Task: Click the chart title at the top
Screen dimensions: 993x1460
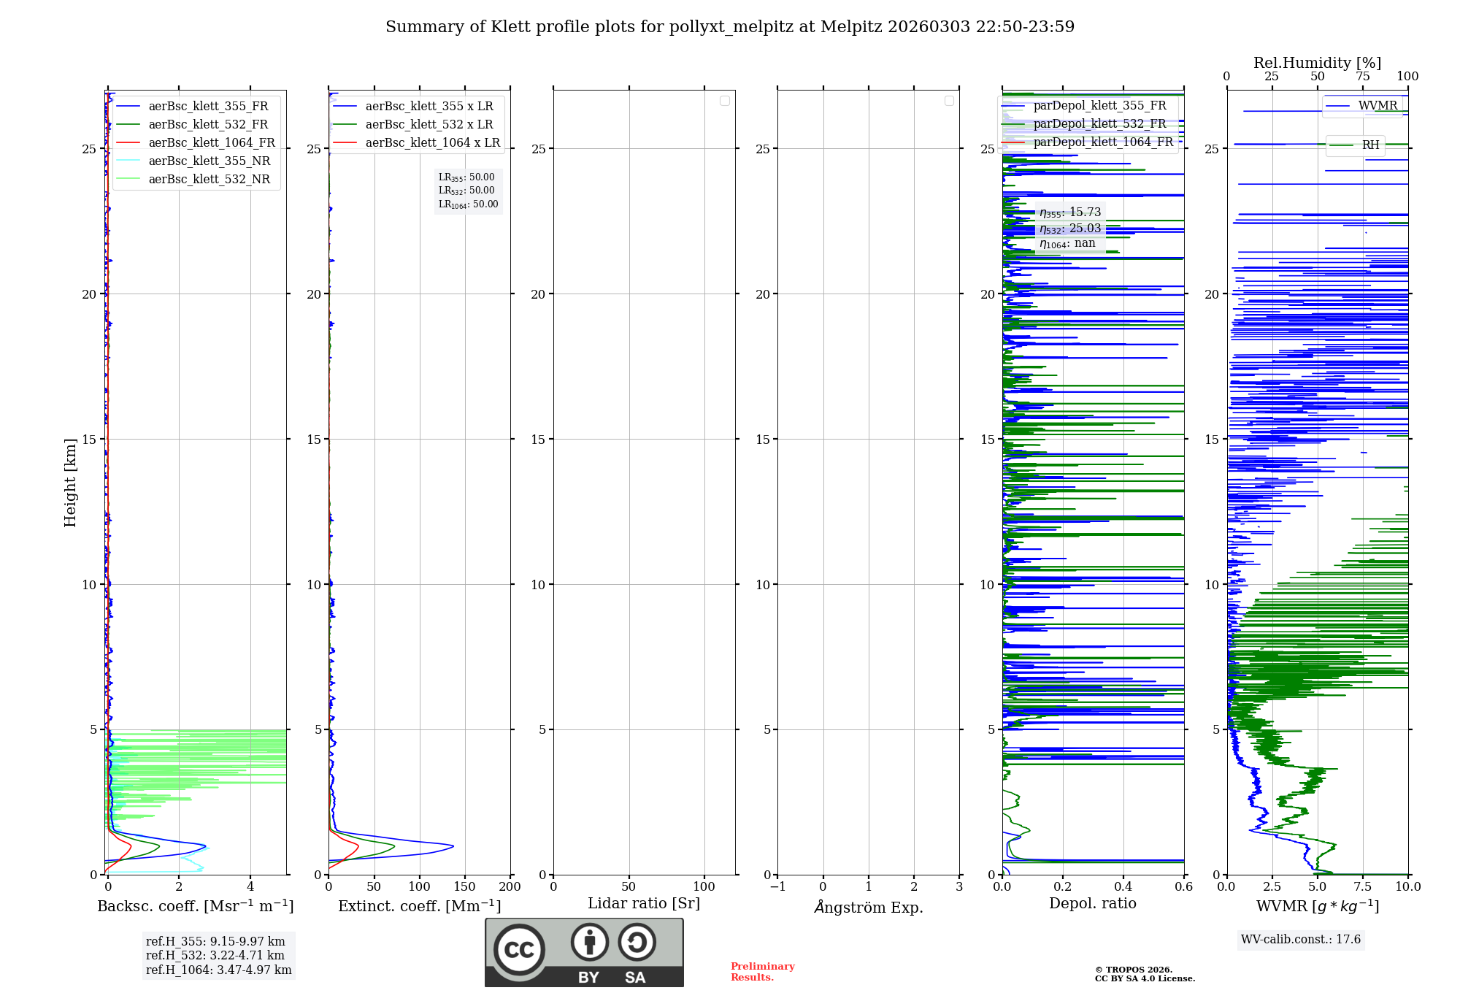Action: tap(730, 27)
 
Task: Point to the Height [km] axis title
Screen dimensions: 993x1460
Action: tap(70, 482)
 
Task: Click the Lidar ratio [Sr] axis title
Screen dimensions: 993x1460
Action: tap(644, 903)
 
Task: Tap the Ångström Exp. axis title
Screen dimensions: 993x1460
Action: tap(869, 907)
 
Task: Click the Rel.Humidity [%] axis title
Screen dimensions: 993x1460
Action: tap(1317, 63)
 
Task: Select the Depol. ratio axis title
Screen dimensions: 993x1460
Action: tap(1092, 903)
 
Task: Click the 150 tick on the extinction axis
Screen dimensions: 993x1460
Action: tap(465, 886)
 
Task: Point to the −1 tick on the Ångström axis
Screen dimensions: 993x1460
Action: tap(777, 886)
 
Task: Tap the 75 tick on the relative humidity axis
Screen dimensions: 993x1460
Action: tap(1362, 76)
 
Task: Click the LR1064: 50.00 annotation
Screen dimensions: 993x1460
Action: tap(468, 204)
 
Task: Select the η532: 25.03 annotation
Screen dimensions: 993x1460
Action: tap(1070, 229)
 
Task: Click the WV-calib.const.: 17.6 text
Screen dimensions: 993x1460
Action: tap(1301, 939)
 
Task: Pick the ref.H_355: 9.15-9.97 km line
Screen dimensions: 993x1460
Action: tap(215, 941)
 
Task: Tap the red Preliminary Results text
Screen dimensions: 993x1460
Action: tap(762, 971)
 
